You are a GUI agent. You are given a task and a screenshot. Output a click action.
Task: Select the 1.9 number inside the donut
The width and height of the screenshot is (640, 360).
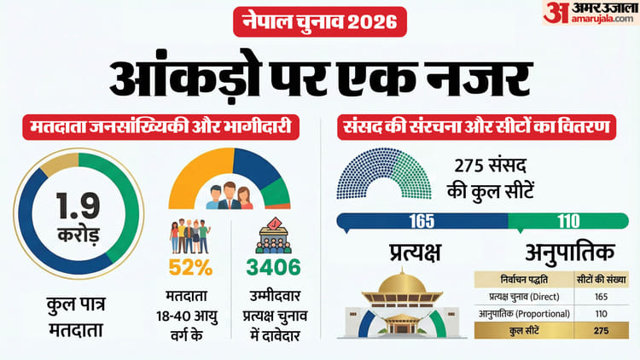coord(78,204)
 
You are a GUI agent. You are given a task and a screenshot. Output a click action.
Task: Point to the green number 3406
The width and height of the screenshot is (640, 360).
coord(273,267)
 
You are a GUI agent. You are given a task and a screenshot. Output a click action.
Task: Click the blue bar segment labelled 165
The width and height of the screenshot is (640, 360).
coord(422,220)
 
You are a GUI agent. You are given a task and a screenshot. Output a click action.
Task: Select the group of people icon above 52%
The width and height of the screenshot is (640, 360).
coord(189,235)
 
